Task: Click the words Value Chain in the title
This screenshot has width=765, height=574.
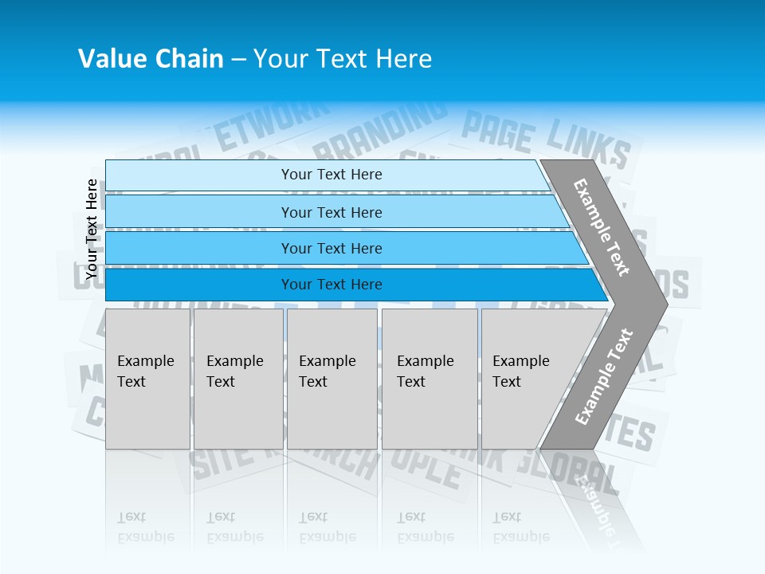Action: point(151,59)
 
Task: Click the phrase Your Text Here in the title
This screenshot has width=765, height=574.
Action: point(343,59)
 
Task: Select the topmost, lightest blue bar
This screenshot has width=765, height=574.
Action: point(327,175)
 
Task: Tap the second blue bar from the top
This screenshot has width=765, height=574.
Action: point(335,212)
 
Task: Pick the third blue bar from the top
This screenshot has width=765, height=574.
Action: point(343,248)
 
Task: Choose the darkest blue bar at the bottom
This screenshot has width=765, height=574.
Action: point(351,285)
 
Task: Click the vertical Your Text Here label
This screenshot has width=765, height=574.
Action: point(92,229)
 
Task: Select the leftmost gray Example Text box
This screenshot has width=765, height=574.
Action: point(147,379)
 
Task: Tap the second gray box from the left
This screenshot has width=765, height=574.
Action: point(237,379)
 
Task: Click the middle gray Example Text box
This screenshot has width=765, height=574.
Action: point(331,379)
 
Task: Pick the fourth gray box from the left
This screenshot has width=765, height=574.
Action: point(430,379)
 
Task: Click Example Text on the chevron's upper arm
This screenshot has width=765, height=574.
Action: point(602,227)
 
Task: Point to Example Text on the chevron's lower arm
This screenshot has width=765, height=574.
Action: point(603,376)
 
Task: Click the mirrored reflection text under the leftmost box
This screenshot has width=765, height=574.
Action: point(146,527)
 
